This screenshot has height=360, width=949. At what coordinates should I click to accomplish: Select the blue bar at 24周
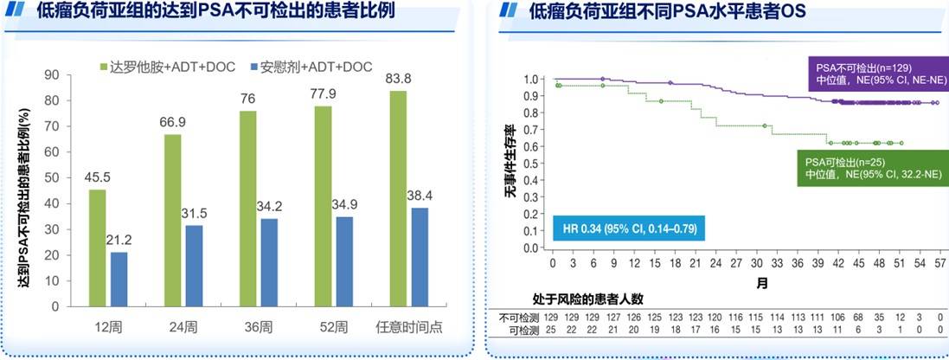point(195,266)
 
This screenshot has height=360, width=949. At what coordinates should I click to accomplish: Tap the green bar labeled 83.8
point(398,198)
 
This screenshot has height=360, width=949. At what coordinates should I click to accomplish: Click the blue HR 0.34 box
point(626,229)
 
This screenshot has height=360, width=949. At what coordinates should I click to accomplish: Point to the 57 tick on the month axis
point(939,262)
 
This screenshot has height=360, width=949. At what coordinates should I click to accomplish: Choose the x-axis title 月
point(763,282)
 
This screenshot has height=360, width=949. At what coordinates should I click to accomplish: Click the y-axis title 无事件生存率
point(510,164)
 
